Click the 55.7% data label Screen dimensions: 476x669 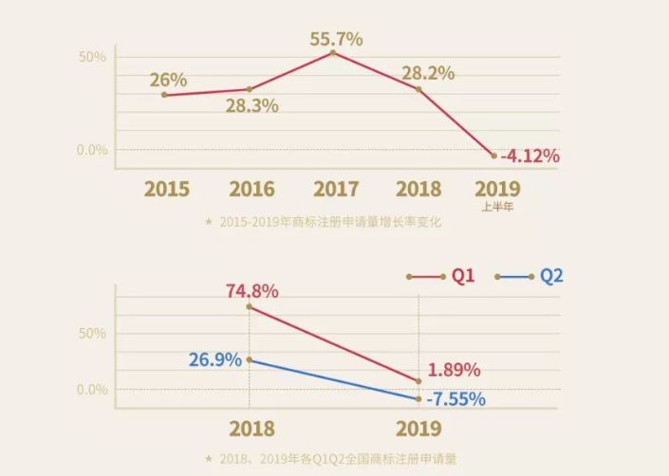click(336, 40)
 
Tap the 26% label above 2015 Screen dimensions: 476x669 click(168, 80)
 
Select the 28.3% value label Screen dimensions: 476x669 click(251, 105)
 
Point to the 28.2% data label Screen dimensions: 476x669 click(427, 73)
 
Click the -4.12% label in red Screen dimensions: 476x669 click(530, 155)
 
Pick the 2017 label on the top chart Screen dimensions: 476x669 click(335, 188)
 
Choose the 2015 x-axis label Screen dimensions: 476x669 click(167, 188)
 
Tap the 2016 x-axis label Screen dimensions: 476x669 click(251, 188)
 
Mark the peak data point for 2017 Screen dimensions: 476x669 click(333, 53)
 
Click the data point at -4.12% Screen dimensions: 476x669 click(493, 155)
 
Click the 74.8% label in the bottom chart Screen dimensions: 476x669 click(251, 291)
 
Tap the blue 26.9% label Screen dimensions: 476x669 click(214, 360)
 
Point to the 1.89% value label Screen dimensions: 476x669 click(454, 370)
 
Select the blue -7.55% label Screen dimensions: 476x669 click(455, 398)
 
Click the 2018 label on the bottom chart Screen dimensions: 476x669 click(251, 429)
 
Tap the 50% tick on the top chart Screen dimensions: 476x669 click(92, 57)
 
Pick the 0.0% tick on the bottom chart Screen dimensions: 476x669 click(92, 390)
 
